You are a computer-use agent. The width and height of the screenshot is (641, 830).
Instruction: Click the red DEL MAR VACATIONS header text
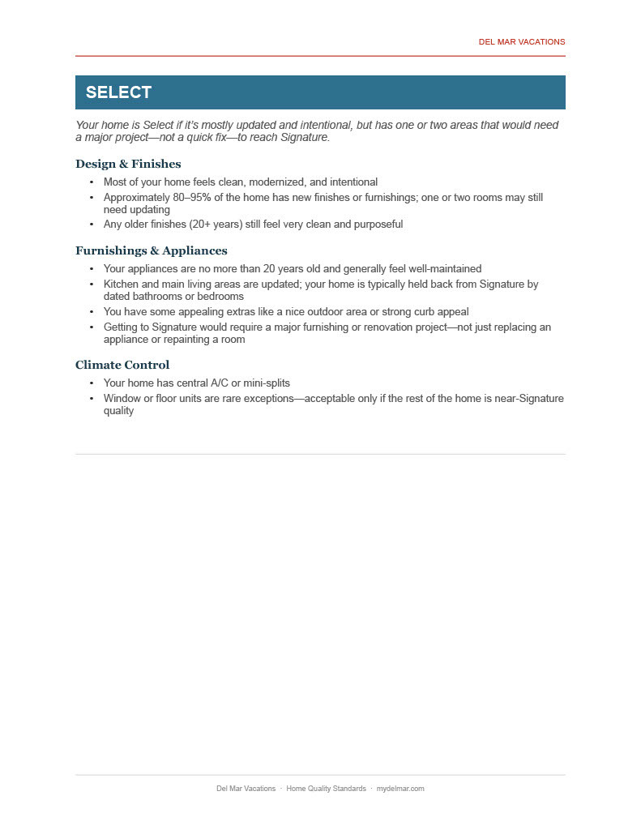point(521,42)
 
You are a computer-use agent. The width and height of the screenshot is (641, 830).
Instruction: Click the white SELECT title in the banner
point(118,92)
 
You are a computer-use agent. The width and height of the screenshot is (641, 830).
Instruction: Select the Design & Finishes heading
point(128,164)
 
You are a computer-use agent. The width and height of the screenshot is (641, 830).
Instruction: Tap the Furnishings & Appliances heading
point(151,250)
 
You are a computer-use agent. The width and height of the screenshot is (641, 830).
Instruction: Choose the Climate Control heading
point(122,365)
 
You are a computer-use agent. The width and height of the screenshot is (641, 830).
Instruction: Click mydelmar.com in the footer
point(400,789)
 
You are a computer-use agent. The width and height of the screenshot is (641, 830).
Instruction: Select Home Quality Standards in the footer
point(326,789)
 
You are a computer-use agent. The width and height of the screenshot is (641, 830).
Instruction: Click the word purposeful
point(374,225)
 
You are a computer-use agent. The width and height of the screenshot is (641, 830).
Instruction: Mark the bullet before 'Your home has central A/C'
point(92,383)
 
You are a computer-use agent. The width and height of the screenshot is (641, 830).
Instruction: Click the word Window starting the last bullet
point(122,399)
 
